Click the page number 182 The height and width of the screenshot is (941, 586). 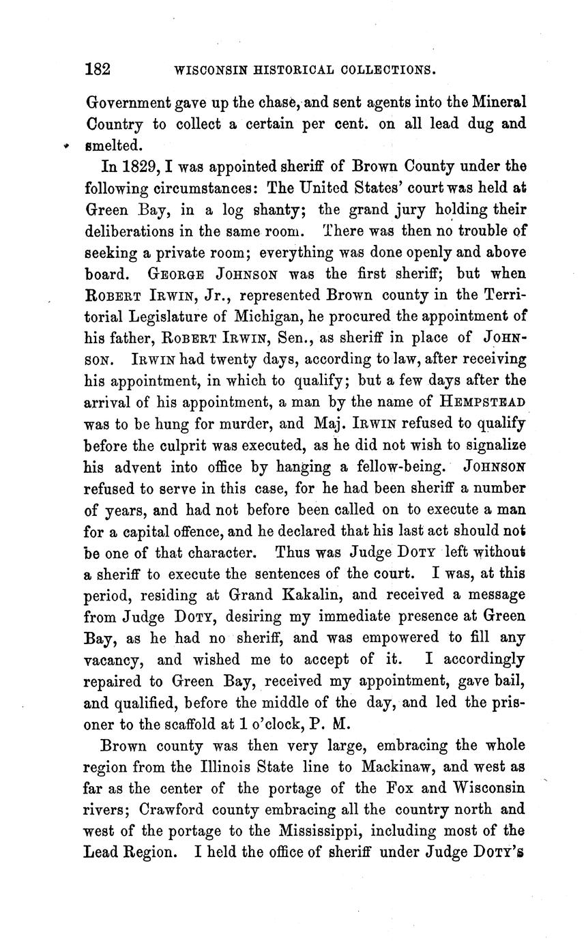coord(98,69)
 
